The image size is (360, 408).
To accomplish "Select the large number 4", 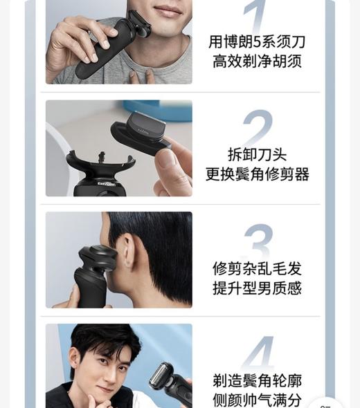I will pos(257,354).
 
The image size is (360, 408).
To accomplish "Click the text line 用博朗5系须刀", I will pos(257,41).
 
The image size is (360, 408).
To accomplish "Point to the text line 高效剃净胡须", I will pos(257,62).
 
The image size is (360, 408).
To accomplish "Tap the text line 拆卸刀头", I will pos(257,154).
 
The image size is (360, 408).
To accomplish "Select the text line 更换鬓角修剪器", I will pos(257,174).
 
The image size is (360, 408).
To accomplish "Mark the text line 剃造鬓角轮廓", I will pos(257,380).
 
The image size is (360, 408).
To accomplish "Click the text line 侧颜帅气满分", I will pos(257,400).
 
